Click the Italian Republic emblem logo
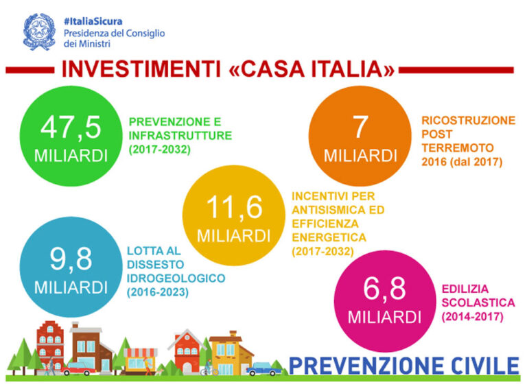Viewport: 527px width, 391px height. (x=39, y=32)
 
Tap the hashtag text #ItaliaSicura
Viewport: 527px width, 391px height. (x=93, y=21)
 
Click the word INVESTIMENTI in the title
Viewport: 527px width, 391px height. (x=141, y=69)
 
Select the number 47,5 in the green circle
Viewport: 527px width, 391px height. (x=71, y=128)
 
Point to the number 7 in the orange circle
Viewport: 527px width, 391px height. (x=360, y=127)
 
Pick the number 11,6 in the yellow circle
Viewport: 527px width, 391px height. (x=234, y=208)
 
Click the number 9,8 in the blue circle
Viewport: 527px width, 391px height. (x=71, y=259)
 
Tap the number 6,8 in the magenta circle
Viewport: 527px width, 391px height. (x=384, y=288)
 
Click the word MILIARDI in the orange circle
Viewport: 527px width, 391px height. (x=360, y=156)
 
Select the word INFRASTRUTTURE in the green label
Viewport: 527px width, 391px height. (x=180, y=135)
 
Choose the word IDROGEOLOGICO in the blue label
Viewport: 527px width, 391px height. (x=176, y=278)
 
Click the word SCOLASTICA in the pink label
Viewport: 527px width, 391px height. (x=478, y=303)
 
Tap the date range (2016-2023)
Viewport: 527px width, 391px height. (x=158, y=292)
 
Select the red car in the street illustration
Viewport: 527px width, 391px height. (x=78, y=369)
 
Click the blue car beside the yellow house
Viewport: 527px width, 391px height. (x=264, y=369)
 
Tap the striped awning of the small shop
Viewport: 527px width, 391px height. (x=140, y=353)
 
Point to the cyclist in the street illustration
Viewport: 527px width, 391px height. (x=209, y=368)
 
